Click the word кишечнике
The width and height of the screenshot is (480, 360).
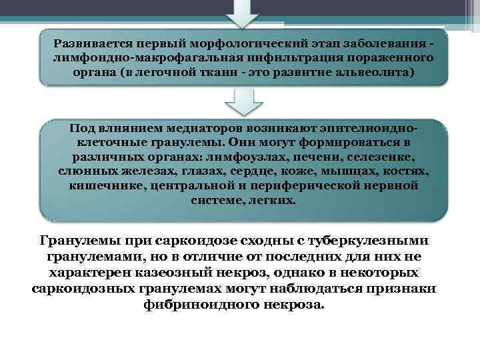pyautogui.click(x=105, y=185)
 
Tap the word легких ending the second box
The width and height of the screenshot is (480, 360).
pyautogui.click(x=271, y=199)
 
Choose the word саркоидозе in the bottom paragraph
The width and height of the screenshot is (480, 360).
pyautogui.click(x=177, y=241)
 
